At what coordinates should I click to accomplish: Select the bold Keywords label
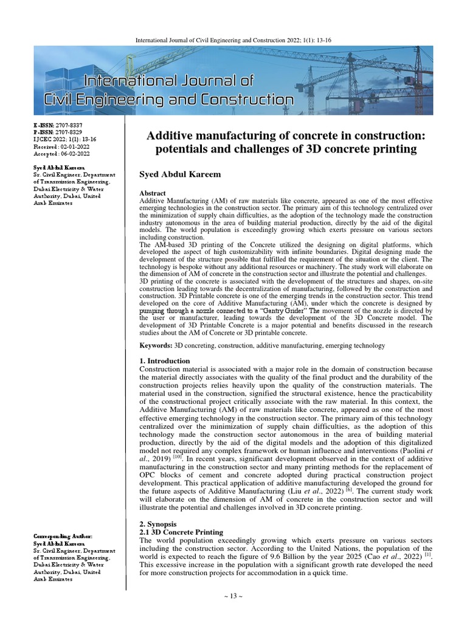pos(156,345)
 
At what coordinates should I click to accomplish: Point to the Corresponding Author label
pos(63,536)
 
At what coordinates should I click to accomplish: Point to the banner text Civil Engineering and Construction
pos(169,99)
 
